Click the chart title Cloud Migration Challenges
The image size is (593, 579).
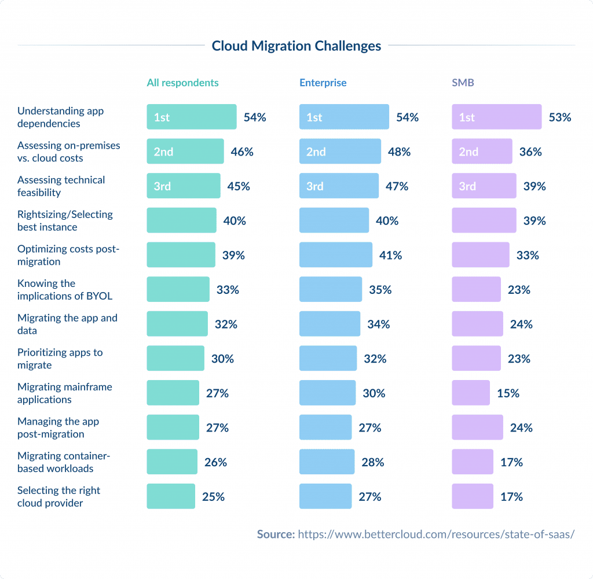pos(296,46)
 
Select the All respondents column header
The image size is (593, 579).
pos(182,83)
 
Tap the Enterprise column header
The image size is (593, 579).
pos(323,83)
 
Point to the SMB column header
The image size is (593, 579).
pos(463,83)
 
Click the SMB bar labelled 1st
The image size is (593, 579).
pos(496,117)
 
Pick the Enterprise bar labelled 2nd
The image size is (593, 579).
pos(340,152)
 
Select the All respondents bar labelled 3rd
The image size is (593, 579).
pos(183,186)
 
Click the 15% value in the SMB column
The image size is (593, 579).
pos(508,393)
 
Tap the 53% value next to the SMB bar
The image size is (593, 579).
pos(559,117)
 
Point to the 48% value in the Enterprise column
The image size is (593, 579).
pos(399,152)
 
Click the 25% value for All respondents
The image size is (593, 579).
pos(213,497)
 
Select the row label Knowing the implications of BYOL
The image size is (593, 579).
pos(65,290)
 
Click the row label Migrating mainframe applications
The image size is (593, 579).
pos(65,393)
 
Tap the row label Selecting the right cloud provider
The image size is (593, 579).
pos(58,497)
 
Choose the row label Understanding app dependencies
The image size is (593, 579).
pos(60,117)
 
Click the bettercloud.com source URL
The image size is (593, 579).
pos(435,534)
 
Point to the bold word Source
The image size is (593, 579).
pos(276,534)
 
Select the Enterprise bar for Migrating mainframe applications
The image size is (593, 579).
pos(327,393)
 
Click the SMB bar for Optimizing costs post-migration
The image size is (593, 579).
pos(480,255)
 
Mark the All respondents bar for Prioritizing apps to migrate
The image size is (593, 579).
pos(175,359)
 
